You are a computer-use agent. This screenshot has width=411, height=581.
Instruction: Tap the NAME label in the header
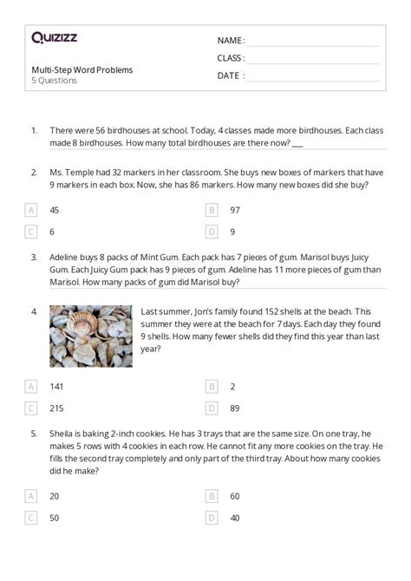click(x=230, y=41)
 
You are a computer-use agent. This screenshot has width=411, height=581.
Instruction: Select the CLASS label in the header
click(x=231, y=58)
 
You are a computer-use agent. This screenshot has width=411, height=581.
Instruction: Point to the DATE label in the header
click(x=230, y=75)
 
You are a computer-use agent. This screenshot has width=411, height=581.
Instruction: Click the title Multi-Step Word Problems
click(x=82, y=69)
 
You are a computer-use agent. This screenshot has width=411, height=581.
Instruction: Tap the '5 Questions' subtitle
click(x=54, y=81)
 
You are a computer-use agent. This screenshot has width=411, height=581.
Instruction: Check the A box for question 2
click(x=31, y=210)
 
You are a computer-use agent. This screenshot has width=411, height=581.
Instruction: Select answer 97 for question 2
click(x=235, y=210)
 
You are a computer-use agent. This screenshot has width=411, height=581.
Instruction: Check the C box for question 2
click(x=31, y=232)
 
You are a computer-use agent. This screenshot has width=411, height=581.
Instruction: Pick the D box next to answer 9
click(x=212, y=232)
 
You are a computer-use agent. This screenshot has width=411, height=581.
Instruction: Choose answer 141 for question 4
click(x=56, y=387)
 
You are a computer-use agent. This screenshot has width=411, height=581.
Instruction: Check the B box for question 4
click(x=212, y=387)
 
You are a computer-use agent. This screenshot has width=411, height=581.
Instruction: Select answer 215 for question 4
click(x=56, y=408)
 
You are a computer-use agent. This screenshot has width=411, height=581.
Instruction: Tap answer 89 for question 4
click(x=235, y=408)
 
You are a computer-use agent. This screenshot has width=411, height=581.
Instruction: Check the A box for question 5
click(x=31, y=497)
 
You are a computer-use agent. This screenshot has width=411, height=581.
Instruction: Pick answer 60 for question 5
click(x=235, y=497)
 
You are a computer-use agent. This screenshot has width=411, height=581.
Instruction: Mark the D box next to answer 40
click(x=212, y=518)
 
